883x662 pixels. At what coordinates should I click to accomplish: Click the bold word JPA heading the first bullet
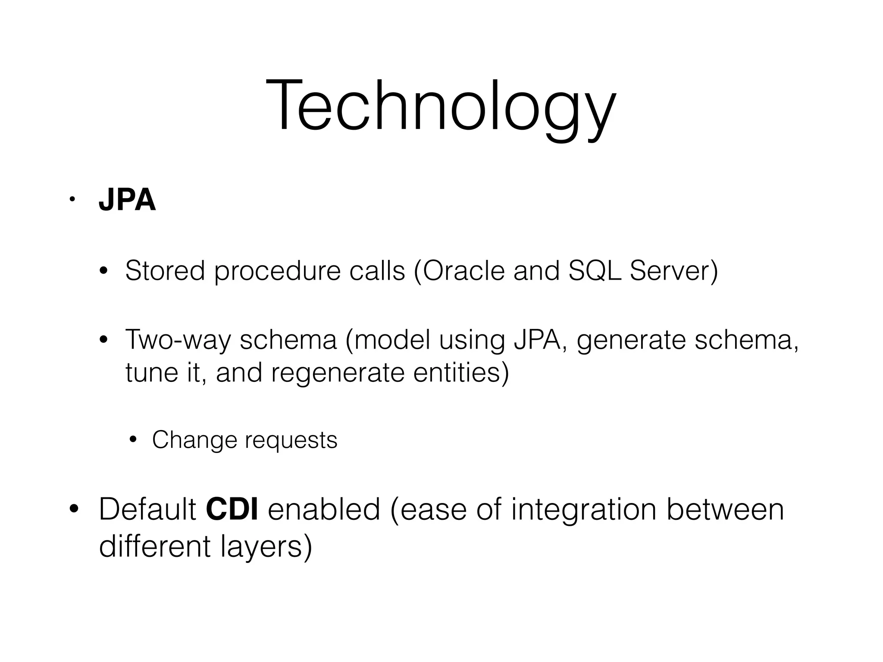pyautogui.click(x=127, y=200)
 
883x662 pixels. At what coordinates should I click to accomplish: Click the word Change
pyautogui.click(x=194, y=440)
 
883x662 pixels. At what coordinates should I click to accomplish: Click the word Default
pyautogui.click(x=147, y=509)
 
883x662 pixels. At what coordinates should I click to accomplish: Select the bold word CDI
pyautogui.click(x=232, y=509)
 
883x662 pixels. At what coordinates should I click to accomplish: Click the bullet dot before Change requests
pyautogui.click(x=133, y=440)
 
